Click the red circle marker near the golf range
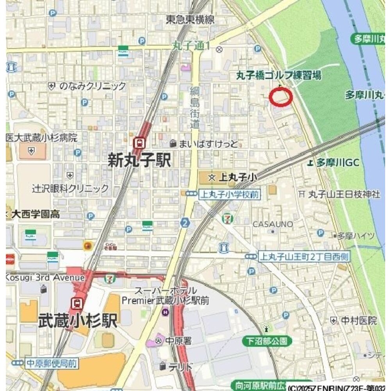coord(281,97)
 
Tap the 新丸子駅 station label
coord(139,160)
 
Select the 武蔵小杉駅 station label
coord(78,321)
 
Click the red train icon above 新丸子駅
coord(138,143)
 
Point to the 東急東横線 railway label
coord(190,20)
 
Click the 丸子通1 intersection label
coord(191,46)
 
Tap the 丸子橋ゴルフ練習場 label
coord(279,76)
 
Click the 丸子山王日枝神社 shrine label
coord(344,194)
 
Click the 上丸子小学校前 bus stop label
coord(229,194)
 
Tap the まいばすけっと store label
coord(208,144)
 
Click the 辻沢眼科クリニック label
coord(70,188)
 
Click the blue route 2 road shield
coord(185,223)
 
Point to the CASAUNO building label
coord(273,224)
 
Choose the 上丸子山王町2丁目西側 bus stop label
coord(304,256)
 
